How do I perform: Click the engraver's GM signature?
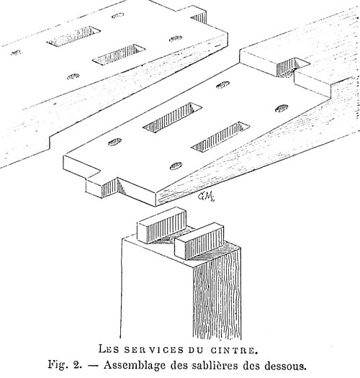(x=206, y=197)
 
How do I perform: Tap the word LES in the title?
(x=109, y=349)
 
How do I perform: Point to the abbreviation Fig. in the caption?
(x=57, y=365)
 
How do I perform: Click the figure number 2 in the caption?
(x=76, y=365)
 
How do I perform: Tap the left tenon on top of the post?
(x=161, y=225)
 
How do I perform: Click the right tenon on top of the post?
(x=199, y=240)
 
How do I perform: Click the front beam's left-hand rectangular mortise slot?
(x=172, y=117)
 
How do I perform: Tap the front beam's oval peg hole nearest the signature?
(x=176, y=166)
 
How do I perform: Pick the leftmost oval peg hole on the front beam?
(x=114, y=142)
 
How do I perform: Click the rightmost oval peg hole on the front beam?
(x=282, y=109)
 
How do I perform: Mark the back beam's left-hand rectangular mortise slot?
(x=73, y=36)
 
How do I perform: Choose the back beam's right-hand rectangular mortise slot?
(x=119, y=55)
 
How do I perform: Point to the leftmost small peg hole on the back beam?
(x=16, y=53)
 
